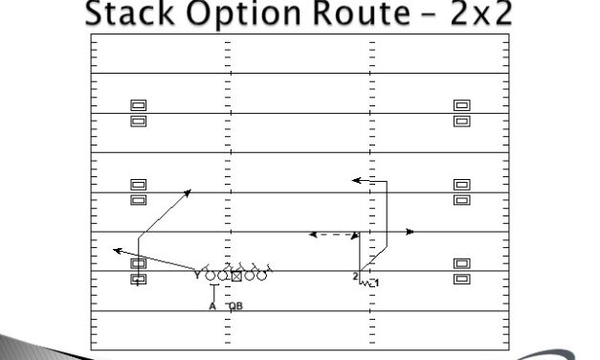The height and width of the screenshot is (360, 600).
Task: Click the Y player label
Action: [x=198, y=276]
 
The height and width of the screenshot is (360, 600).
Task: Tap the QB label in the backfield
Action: [x=235, y=306]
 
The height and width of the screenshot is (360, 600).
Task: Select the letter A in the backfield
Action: [x=212, y=306]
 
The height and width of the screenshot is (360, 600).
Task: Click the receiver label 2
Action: [x=354, y=277]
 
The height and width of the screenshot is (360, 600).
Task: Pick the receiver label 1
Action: [x=377, y=283]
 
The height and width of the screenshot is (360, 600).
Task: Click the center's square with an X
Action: [x=236, y=276]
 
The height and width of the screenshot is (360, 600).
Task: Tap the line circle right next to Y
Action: [x=211, y=276]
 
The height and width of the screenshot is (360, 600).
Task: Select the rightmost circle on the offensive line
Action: [x=261, y=276]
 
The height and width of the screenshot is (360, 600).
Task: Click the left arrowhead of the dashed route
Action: [x=311, y=233]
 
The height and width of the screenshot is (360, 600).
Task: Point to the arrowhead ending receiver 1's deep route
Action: [x=354, y=179]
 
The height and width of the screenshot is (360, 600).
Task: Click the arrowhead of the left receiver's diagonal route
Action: [x=188, y=191]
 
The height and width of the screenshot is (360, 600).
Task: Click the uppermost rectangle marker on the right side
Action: [x=461, y=105]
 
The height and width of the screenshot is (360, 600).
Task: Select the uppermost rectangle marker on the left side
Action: [x=138, y=105]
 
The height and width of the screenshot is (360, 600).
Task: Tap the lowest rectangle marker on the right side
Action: [x=461, y=279]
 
